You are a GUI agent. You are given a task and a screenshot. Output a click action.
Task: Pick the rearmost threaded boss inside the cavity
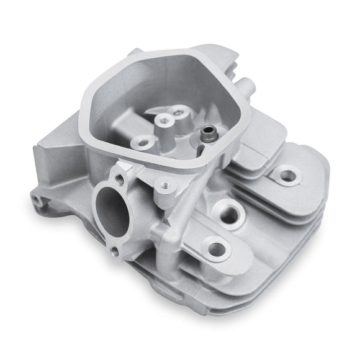click(180, 113)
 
